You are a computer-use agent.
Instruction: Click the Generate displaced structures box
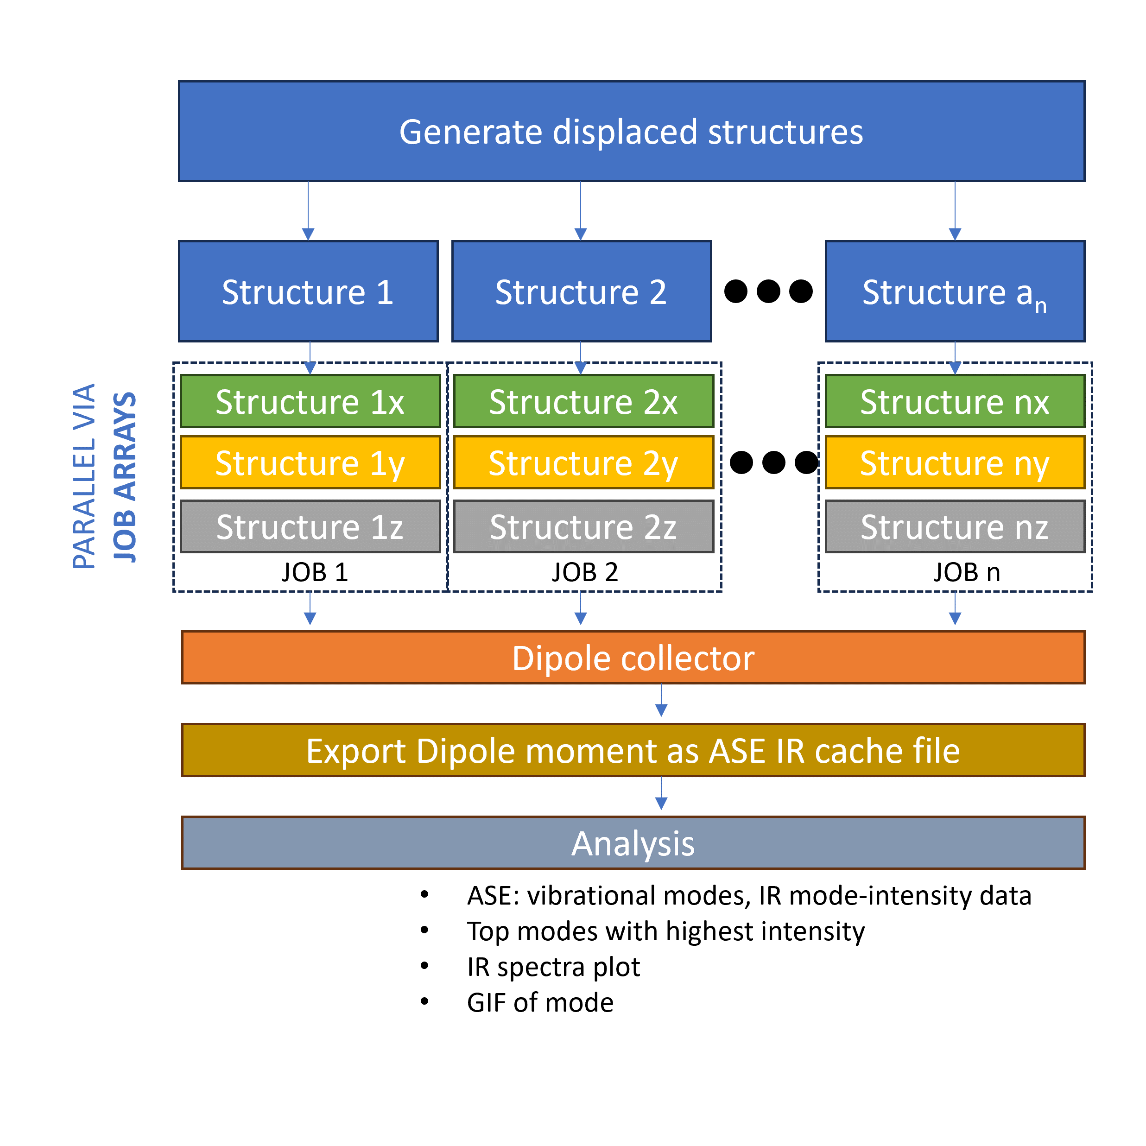(631, 131)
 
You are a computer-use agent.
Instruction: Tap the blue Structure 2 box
(581, 291)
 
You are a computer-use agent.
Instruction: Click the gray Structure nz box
(955, 527)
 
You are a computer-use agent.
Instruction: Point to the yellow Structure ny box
(955, 462)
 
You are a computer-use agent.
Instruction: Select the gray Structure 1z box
(310, 527)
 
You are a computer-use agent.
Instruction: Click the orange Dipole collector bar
(633, 657)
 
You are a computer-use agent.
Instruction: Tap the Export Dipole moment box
(633, 750)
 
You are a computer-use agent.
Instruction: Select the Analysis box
(633, 843)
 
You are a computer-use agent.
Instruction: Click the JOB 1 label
(314, 572)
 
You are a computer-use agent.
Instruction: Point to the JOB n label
(966, 572)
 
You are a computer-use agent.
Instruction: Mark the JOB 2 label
(585, 572)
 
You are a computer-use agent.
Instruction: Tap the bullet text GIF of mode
(540, 1002)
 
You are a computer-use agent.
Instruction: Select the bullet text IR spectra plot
(553, 967)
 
